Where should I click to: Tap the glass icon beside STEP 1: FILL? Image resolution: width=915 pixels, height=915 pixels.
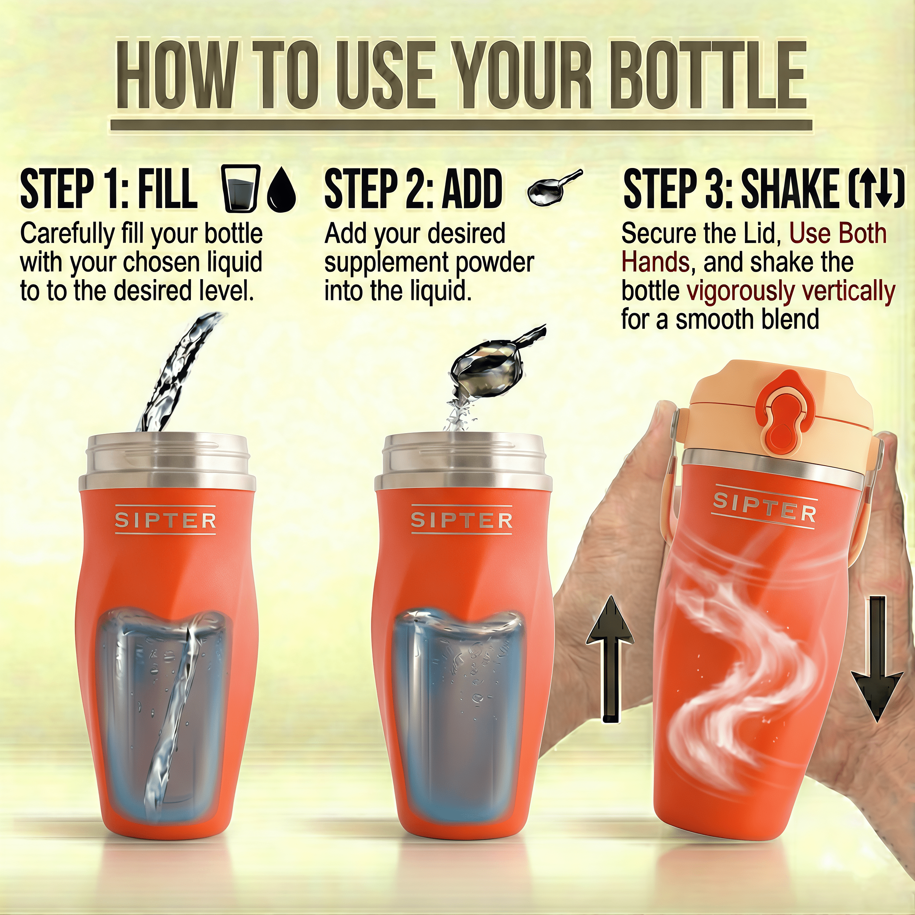(241, 188)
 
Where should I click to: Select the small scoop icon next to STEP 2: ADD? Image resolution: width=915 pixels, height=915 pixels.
(553, 188)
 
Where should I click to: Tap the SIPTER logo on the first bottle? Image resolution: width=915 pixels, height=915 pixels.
(165, 520)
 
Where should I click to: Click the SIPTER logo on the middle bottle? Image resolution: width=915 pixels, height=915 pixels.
(462, 520)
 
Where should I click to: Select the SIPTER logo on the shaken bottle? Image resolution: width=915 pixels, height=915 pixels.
(765, 506)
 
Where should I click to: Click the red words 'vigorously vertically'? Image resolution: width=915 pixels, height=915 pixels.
(791, 291)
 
